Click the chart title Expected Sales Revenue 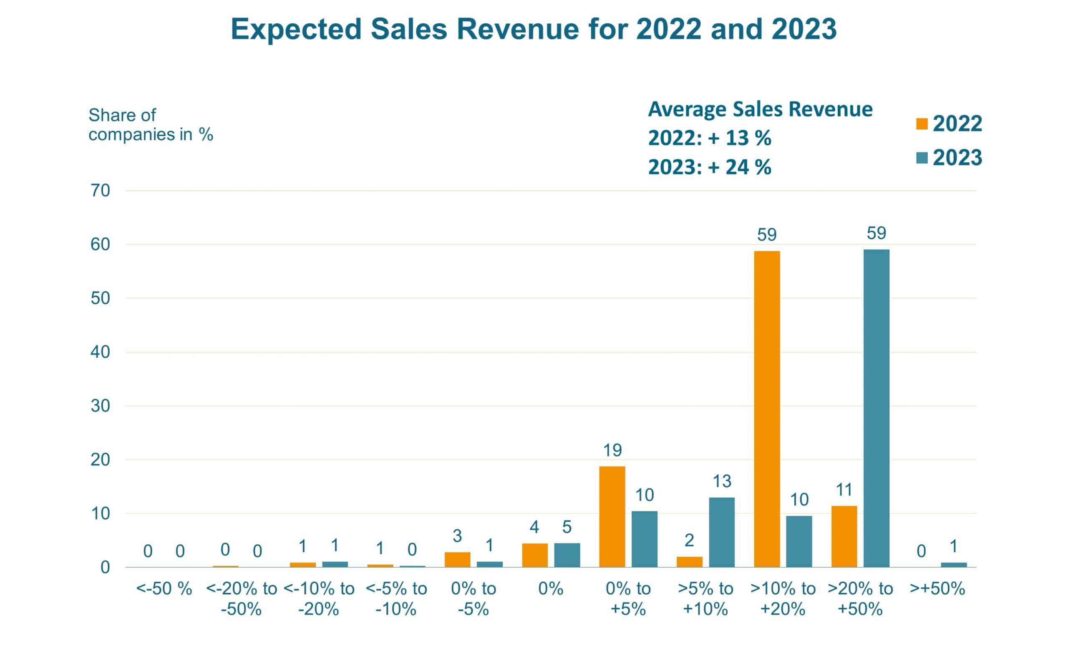pyautogui.click(x=533, y=29)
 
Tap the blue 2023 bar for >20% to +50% pyautogui.click(x=876, y=408)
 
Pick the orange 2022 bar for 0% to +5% pyautogui.click(x=612, y=517)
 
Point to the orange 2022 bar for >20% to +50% pyautogui.click(x=844, y=536)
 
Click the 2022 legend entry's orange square pyautogui.click(x=922, y=124)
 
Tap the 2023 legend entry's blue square pyautogui.click(x=922, y=158)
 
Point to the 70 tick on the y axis pyautogui.click(x=100, y=191)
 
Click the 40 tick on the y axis pyautogui.click(x=100, y=352)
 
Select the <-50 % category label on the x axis pyautogui.click(x=164, y=589)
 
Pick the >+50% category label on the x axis pyautogui.click(x=937, y=589)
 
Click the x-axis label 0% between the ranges pyautogui.click(x=551, y=589)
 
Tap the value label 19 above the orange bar pyautogui.click(x=612, y=450)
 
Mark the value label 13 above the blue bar pyautogui.click(x=722, y=481)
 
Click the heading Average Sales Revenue pyautogui.click(x=760, y=109)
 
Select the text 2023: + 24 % pyautogui.click(x=709, y=167)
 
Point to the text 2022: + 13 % pyautogui.click(x=709, y=138)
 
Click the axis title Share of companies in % pyautogui.click(x=151, y=125)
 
